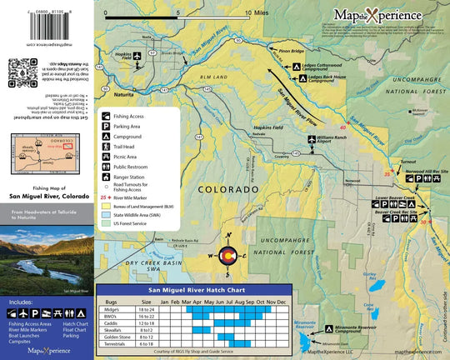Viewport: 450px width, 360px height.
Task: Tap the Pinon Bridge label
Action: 291,52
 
